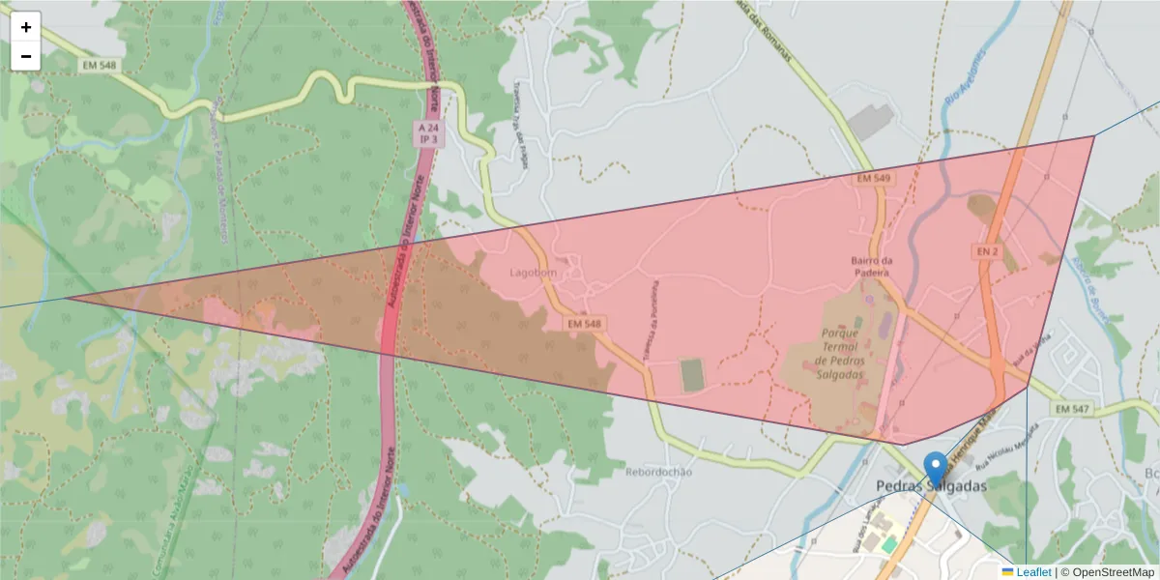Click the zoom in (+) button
click(26, 27)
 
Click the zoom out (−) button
click(26, 56)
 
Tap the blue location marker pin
click(935, 469)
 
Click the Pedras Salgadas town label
click(931, 486)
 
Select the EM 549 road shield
click(872, 180)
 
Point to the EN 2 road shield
click(985, 251)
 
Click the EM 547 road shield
click(1072, 410)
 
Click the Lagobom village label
click(534, 273)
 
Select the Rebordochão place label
click(658, 472)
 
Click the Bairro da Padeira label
click(870, 267)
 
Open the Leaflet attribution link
click(1033, 572)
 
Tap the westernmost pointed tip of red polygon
click(66, 298)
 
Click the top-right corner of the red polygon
click(1094, 136)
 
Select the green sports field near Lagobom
click(692, 375)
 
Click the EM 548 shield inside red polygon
click(585, 324)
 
